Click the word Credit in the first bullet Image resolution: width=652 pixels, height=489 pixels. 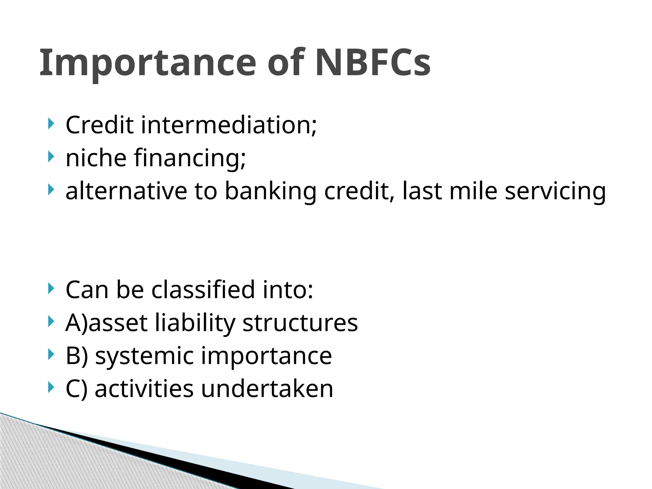tap(99, 125)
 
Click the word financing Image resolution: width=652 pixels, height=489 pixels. tap(190, 158)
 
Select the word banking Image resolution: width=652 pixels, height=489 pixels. tap(271, 191)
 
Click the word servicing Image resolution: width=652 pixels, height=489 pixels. tap(555, 191)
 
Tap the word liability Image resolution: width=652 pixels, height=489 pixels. tap(195, 323)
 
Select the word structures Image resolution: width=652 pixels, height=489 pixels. tap(300, 323)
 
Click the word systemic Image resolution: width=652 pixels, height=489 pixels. tap(144, 356)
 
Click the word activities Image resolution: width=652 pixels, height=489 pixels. tap(144, 389)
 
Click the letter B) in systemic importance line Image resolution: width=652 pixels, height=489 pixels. tap(76, 356)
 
